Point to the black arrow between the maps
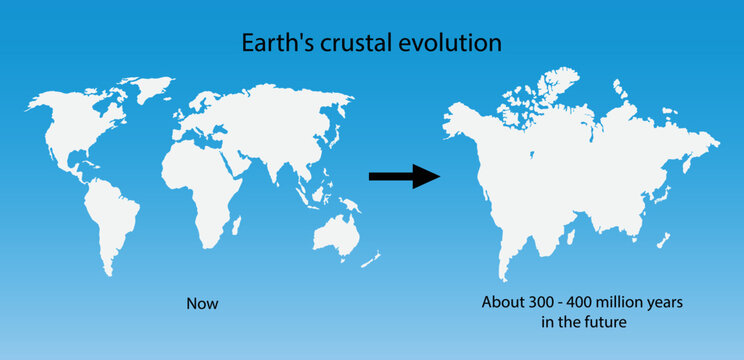(404, 177)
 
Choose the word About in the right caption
(501, 302)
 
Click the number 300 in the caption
(541, 302)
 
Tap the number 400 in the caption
(584, 302)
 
